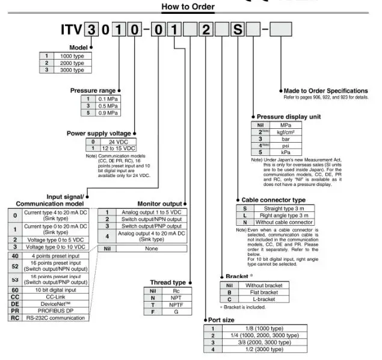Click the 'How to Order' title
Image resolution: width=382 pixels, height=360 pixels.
188,7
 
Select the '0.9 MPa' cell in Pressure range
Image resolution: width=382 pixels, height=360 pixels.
108,113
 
